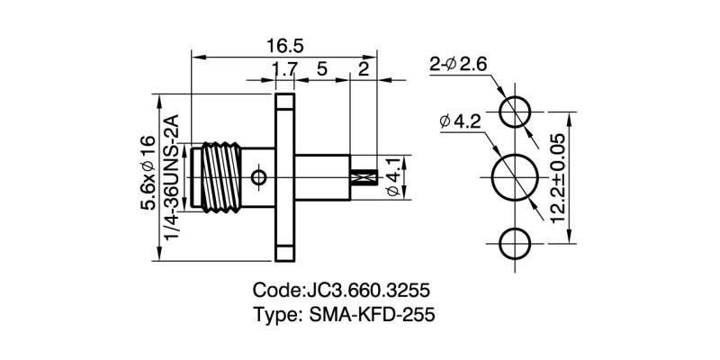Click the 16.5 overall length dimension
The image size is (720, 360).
[x=283, y=45]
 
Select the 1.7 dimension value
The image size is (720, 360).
[x=284, y=70]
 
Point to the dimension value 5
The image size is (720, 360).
[x=320, y=70]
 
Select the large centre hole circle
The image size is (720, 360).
[x=517, y=177]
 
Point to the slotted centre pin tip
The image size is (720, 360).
[x=363, y=177]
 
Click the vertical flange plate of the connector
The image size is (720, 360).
[x=284, y=177]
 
